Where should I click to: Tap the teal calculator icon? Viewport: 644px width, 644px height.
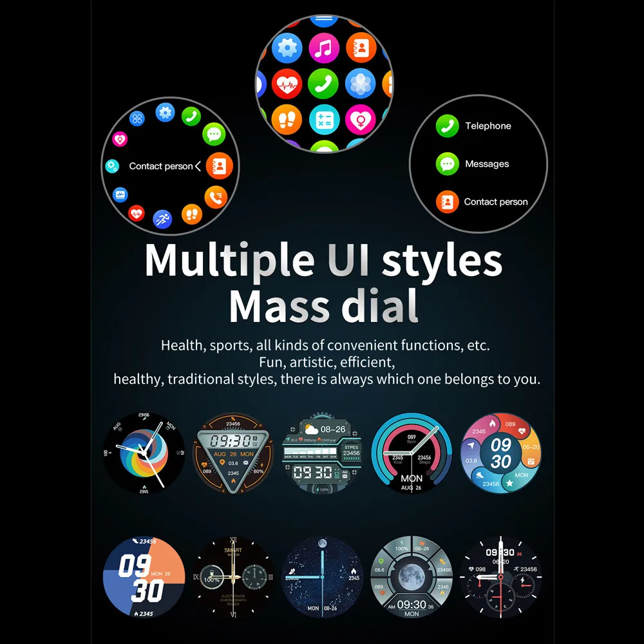324,120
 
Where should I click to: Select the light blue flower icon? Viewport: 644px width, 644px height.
360,84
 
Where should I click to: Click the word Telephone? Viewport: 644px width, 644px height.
488,126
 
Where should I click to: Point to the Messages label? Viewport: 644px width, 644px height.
487,164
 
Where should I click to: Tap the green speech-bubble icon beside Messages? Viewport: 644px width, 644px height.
447,164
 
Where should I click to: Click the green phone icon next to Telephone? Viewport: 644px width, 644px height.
447,126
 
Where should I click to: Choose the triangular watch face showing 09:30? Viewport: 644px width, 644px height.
234,453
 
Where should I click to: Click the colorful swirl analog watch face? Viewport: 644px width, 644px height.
144,453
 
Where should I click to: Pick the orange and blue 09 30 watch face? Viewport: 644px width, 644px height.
144,577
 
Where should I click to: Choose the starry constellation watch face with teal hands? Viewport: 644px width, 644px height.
323,577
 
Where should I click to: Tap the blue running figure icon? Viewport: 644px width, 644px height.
162,219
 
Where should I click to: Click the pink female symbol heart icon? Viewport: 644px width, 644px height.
360,120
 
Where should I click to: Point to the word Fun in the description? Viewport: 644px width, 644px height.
273,362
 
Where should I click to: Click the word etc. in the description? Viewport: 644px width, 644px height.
477,345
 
